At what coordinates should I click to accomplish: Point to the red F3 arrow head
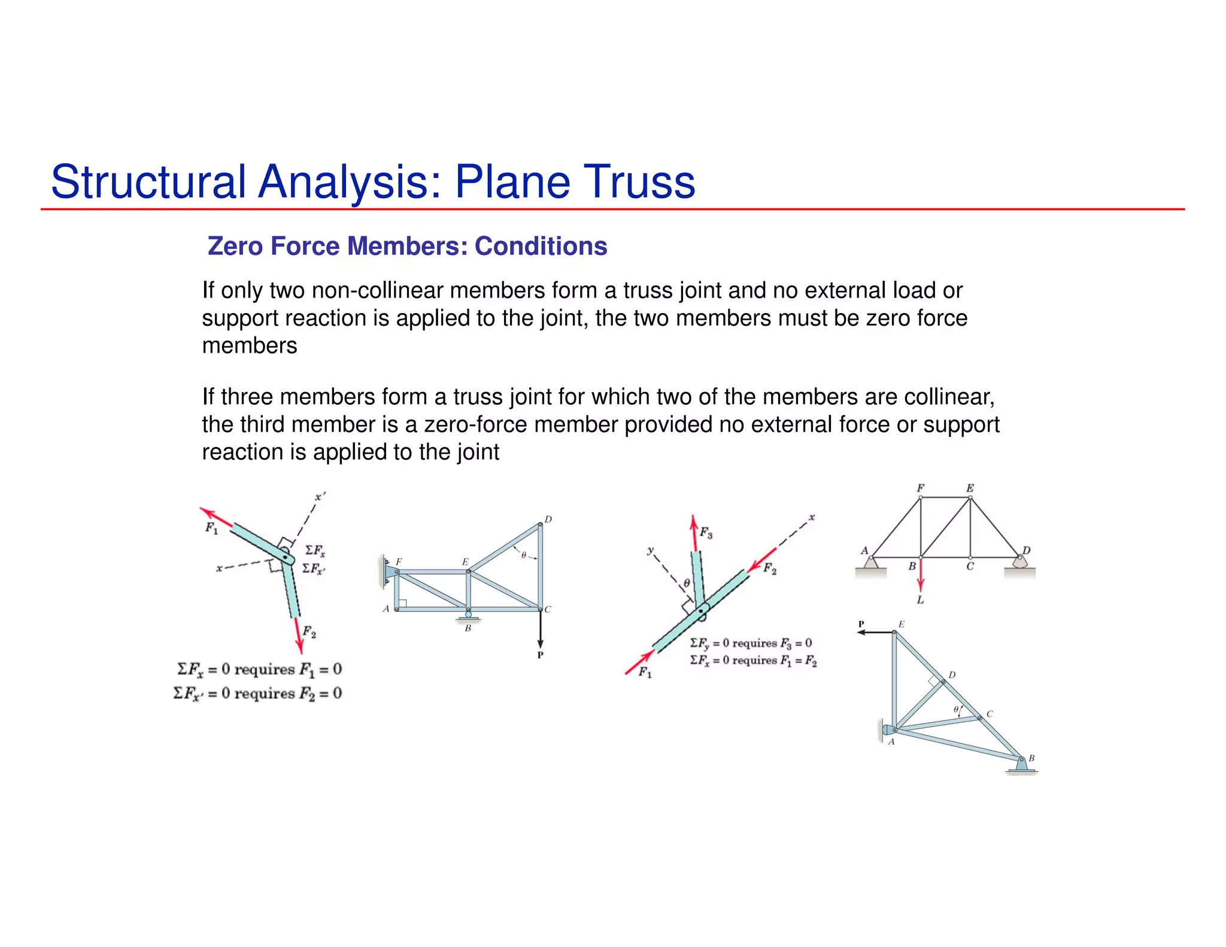click(693, 523)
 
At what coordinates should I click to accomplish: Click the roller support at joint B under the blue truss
click(468, 615)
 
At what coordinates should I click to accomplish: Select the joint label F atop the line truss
click(920, 488)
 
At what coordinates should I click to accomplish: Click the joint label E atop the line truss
click(970, 488)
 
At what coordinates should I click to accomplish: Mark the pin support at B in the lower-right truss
click(1021, 764)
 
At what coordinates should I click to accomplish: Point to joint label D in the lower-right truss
click(952, 675)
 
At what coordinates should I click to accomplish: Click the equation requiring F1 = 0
click(259, 669)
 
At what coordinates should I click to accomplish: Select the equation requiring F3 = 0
click(751, 643)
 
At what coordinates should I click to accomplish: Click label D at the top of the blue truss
click(548, 519)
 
